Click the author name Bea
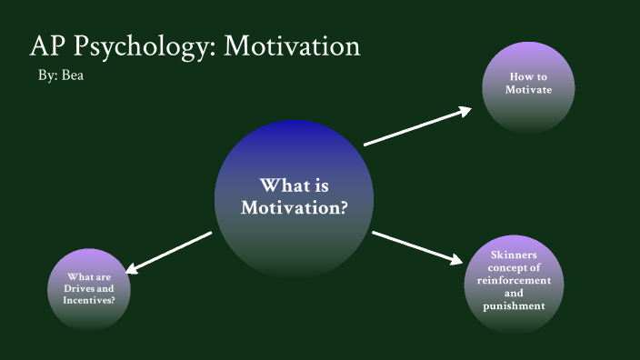[x=73, y=76]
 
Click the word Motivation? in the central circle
[x=294, y=208]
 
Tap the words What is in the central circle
[x=294, y=185]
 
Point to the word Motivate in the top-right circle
[x=529, y=90]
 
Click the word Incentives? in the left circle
[x=89, y=299]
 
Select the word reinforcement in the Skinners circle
[x=514, y=281]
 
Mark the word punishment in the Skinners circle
[x=514, y=306]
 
